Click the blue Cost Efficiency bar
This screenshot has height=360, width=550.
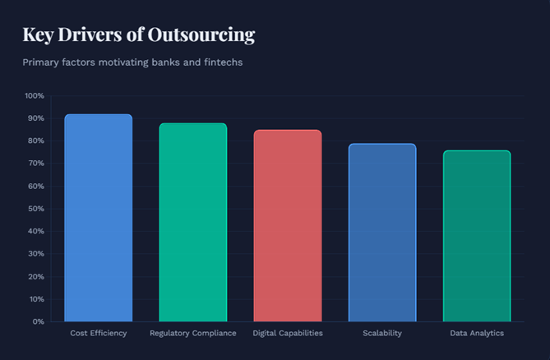pos(98,218)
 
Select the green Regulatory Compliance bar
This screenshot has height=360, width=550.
pos(192,222)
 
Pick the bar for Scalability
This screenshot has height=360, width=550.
pos(381,233)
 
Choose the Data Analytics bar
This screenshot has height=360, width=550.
pos(477,236)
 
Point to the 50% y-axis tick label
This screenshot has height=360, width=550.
pos(36,209)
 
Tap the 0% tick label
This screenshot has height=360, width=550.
pos(38,321)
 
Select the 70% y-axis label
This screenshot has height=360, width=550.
pos(36,164)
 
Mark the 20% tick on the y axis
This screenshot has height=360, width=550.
pos(36,276)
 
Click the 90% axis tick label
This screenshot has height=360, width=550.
pos(36,118)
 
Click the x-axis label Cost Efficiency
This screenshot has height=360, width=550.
pos(99,333)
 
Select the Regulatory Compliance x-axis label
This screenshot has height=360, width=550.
pos(192,333)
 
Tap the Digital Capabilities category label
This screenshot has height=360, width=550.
pos(287,333)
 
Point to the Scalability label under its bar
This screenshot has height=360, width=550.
pos(382,333)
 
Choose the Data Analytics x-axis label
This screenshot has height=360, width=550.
pos(477,333)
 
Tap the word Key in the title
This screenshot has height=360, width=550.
pos(37,35)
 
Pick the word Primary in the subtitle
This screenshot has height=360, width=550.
pos(44,62)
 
